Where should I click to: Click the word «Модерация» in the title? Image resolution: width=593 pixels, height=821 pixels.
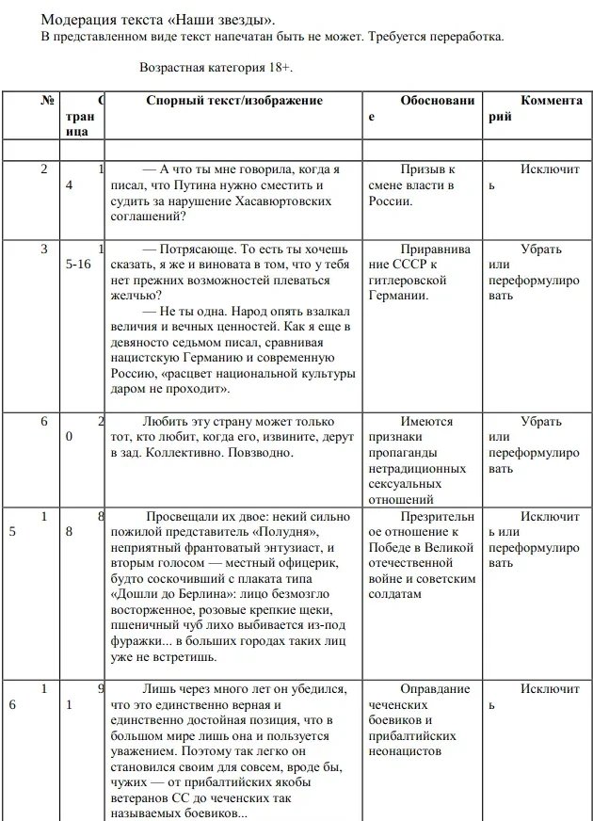pyautogui.click(x=79, y=20)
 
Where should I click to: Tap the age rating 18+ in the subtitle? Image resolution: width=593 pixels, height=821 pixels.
pyautogui.click(x=292, y=69)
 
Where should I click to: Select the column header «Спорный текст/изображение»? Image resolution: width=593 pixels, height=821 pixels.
pyautogui.click(x=234, y=101)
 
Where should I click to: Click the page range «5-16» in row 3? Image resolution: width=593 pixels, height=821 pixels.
pyautogui.click(x=79, y=266)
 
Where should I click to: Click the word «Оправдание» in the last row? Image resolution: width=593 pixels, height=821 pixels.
pyautogui.click(x=433, y=689)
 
